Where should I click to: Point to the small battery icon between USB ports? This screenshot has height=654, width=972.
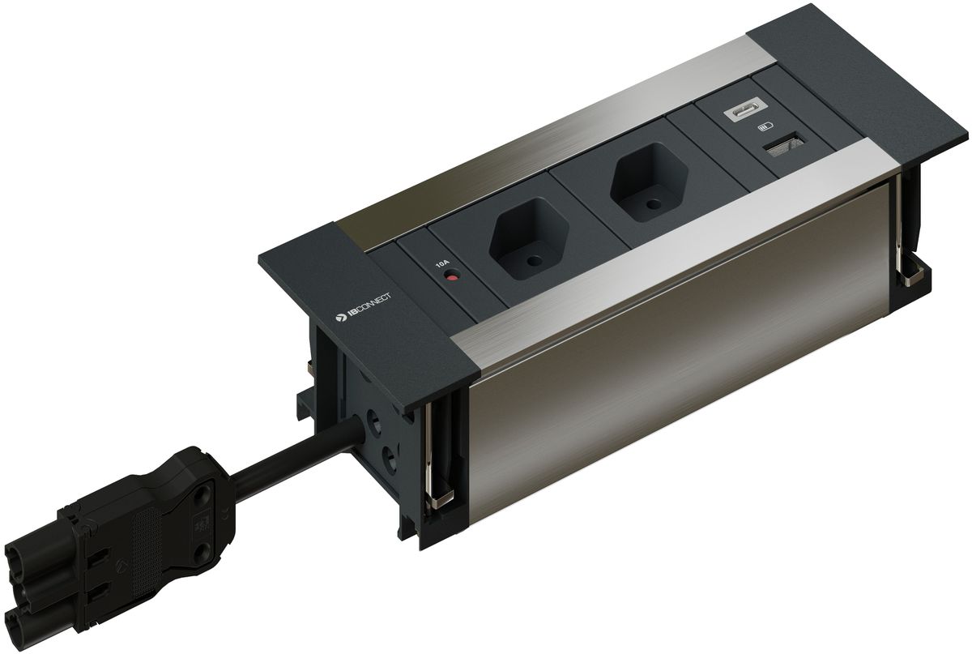765,127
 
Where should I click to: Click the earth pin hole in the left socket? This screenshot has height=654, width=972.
532,262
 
